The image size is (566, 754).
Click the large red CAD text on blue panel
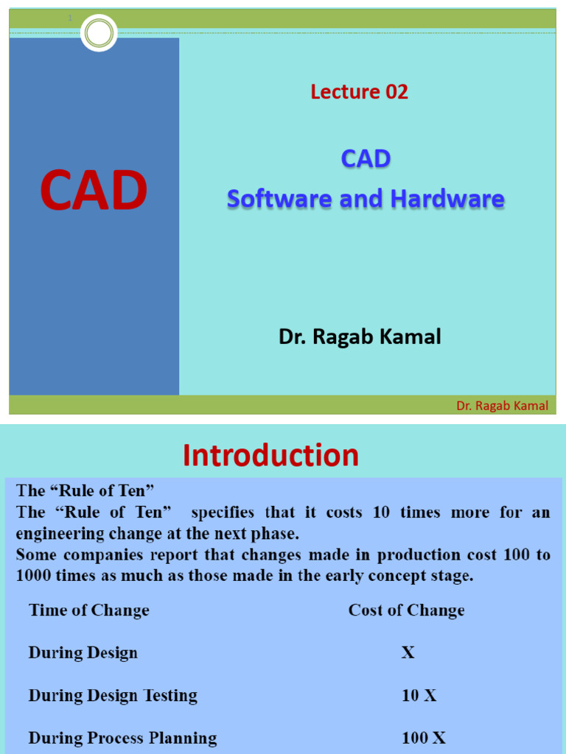click(94, 190)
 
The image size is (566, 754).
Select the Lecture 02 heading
click(359, 92)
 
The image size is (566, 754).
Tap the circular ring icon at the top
click(99, 33)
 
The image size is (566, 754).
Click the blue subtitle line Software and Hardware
click(366, 199)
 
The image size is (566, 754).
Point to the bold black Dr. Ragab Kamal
click(360, 337)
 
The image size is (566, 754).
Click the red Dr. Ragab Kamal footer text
click(502, 406)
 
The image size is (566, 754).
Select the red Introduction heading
click(270, 456)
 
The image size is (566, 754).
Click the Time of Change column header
click(88, 610)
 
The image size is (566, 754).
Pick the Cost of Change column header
click(406, 610)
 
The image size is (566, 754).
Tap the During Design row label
click(83, 653)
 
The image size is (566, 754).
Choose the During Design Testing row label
click(113, 696)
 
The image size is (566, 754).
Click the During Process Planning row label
click(122, 738)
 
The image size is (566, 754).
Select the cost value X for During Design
click(408, 653)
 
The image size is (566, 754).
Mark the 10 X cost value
click(419, 696)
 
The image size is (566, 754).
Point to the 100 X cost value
click(423, 738)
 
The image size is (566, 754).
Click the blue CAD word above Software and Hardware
click(366, 158)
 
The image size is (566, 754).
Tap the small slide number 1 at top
click(71, 18)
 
